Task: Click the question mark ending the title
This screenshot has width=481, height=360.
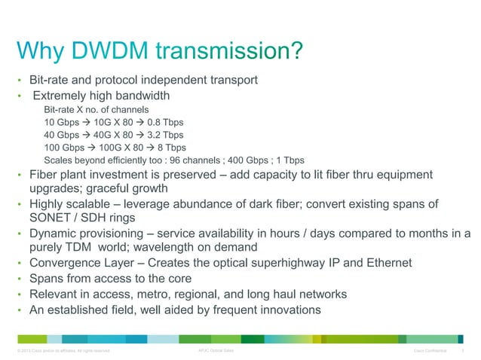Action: [x=296, y=53]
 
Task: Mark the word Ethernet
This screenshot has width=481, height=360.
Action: [x=385, y=263]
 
